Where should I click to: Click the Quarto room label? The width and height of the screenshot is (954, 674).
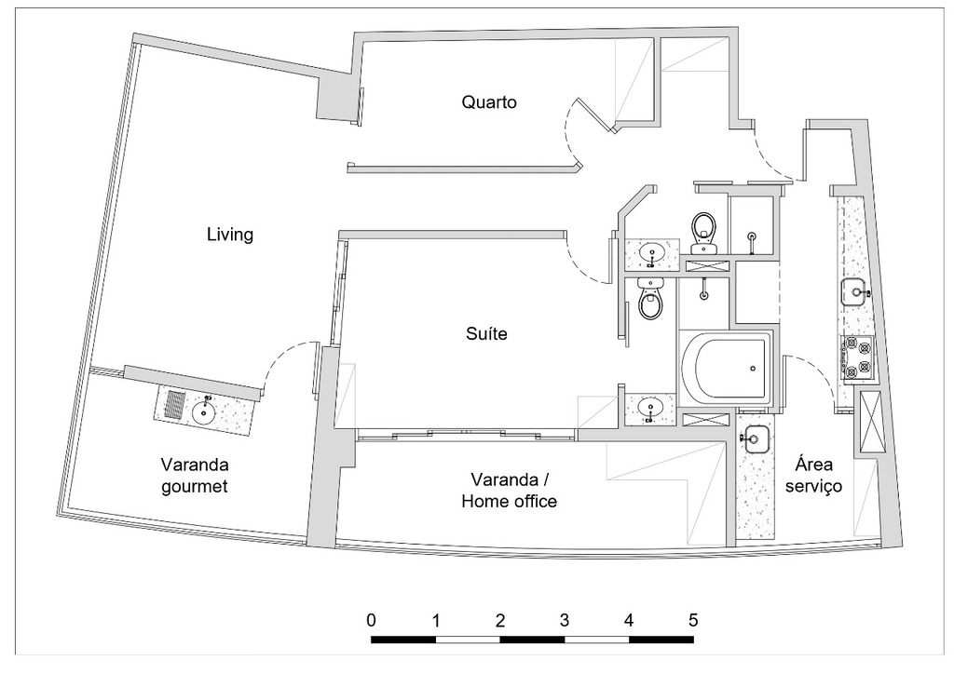[489, 101]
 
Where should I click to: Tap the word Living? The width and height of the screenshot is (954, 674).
[229, 235]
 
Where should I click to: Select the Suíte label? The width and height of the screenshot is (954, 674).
[486, 333]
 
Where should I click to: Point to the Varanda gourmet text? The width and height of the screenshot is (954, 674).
[195, 475]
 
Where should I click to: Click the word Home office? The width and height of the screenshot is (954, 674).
[510, 502]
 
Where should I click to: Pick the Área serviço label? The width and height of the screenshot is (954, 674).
[820, 475]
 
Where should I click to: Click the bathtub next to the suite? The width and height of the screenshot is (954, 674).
[726, 369]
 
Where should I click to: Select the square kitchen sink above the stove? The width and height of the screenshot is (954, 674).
[854, 292]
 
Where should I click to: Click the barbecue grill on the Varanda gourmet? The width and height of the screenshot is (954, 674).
[175, 406]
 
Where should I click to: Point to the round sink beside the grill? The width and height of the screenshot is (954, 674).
[206, 410]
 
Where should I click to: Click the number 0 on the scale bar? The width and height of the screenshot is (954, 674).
[372, 619]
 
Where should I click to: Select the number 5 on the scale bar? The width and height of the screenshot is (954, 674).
[692, 619]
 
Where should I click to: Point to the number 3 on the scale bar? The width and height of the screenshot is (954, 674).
[565, 619]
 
